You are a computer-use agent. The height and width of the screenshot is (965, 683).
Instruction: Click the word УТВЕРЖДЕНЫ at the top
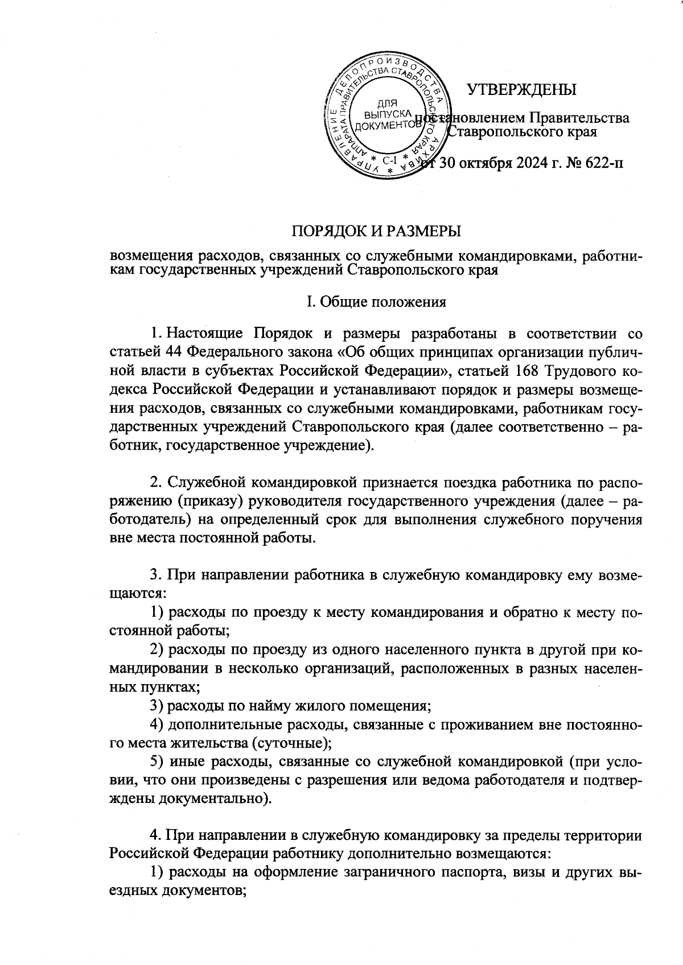(521, 90)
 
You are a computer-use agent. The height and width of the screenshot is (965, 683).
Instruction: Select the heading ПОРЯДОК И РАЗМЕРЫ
(376, 231)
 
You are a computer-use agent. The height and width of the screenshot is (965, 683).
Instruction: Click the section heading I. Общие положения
(376, 301)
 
